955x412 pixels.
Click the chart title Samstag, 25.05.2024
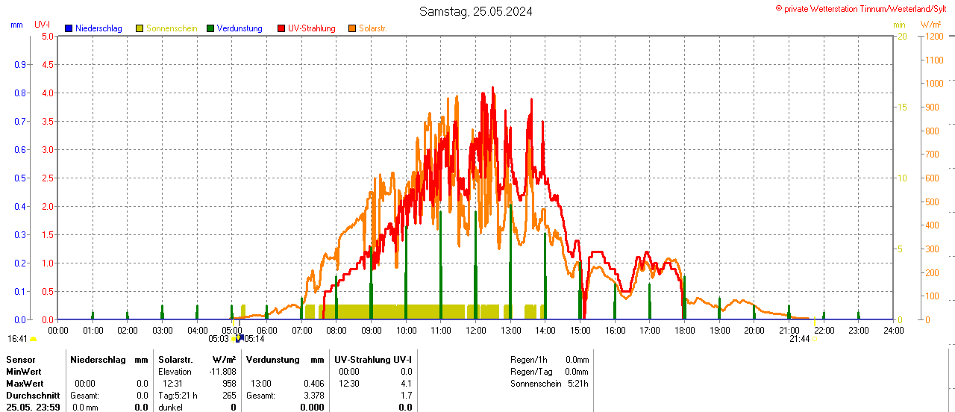coord(476,11)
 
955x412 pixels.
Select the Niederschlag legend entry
coord(98,28)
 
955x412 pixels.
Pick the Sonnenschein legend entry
coord(171,28)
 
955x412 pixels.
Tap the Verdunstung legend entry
coord(239,28)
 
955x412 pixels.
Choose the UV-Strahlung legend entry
coord(311,28)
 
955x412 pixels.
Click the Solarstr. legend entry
coord(372,28)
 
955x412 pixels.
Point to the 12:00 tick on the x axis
coord(476,330)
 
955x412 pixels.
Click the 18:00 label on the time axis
coord(685,330)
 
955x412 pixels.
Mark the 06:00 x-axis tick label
coord(267,330)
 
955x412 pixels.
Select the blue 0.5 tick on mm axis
coord(19,178)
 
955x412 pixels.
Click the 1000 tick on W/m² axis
coord(933,84)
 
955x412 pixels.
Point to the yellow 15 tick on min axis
coord(902,107)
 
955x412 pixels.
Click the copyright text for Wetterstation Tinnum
coord(864,9)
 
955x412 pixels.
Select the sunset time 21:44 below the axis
coord(799,339)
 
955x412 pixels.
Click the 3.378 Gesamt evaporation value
coord(313,396)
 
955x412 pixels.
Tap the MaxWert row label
coord(25,384)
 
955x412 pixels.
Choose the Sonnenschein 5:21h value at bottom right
coord(577,384)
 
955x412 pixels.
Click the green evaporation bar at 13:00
coord(510,269)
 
